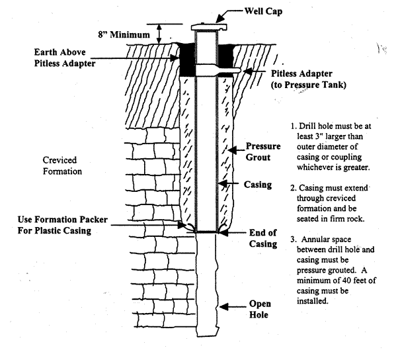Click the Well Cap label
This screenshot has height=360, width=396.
(x=263, y=11)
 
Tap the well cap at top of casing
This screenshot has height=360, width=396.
(x=209, y=26)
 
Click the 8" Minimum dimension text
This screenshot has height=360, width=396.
(x=124, y=34)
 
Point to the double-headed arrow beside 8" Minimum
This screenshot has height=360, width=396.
(x=159, y=34)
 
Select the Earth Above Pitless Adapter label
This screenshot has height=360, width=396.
(x=65, y=58)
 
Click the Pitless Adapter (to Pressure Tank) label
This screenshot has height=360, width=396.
(x=309, y=79)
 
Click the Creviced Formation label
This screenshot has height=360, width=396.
(x=62, y=165)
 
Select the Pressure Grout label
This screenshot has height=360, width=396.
(x=263, y=152)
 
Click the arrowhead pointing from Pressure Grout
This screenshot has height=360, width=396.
(x=232, y=150)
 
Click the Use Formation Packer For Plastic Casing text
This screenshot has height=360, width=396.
(x=63, y=225)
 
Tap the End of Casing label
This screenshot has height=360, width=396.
(x=263, y=238)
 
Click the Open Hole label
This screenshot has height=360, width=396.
(x=260, y=309)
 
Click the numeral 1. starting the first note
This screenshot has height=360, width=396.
(x=294, y=126)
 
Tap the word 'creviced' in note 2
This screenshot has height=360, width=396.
(x=340, y=199)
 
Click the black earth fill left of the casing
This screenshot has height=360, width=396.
(x=187, y=60)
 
